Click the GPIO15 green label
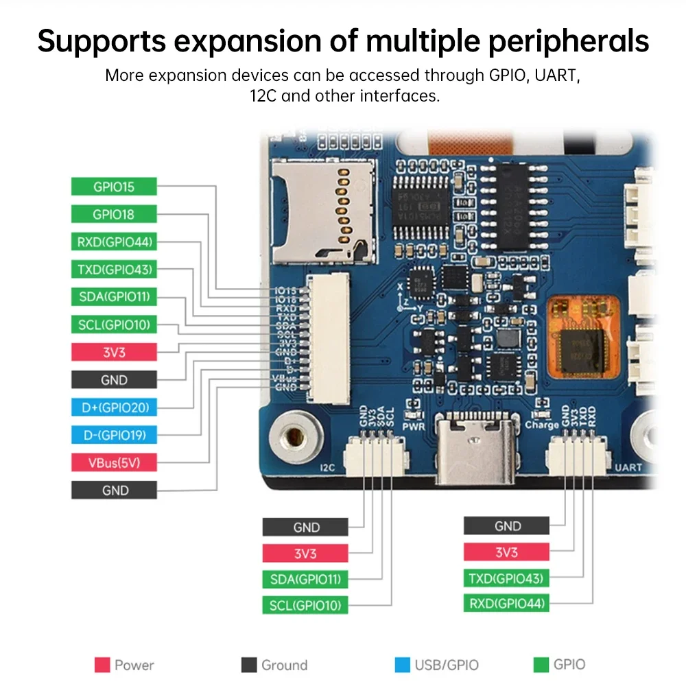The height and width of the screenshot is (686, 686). tap(114, 186)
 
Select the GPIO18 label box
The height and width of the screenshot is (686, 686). tap(114, 214)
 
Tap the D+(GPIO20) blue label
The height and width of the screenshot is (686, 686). tap(114, 407)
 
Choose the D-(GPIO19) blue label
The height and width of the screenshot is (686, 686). tap(114, 435)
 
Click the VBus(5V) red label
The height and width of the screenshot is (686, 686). tap(114, 462)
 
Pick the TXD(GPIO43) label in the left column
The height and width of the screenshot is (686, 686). tap(114, 269)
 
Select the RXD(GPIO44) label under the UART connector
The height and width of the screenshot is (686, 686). tap(506, 604)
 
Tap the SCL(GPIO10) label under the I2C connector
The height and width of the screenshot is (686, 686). tap(305, 605)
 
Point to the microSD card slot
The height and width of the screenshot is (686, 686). tap(324, 212)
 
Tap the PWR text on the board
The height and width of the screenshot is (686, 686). tap(414, 426)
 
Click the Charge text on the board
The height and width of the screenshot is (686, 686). tap(542, 425)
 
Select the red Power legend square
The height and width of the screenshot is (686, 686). tap(102, 665)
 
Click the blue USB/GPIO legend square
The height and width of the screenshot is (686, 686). tap(402, 665)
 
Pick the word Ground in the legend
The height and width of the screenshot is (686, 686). tap(284, 665)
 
